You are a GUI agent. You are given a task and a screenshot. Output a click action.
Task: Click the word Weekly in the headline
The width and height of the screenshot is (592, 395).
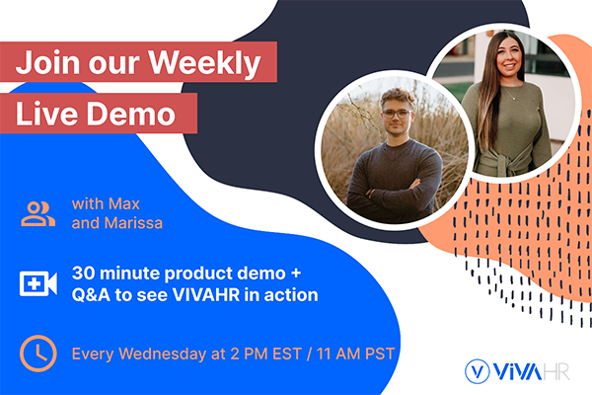point(204,63)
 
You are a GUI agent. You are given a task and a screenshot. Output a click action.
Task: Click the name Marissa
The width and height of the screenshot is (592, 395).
point(133,223)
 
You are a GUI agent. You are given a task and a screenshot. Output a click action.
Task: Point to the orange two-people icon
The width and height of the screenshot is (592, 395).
point(38,214)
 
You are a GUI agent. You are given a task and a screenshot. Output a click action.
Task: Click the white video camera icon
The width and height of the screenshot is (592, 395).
point(38,283)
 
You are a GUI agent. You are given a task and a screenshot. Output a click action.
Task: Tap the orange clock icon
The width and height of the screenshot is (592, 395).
point(38,354)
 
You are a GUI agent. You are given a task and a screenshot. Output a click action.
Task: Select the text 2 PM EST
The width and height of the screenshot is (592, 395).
point(265,354)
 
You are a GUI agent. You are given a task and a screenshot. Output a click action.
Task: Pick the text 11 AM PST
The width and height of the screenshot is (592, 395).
point(355,354)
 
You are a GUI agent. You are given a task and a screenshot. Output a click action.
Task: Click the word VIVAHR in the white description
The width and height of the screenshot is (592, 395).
point(206,295)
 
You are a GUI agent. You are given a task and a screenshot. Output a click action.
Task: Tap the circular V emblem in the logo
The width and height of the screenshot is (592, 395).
point(478,371)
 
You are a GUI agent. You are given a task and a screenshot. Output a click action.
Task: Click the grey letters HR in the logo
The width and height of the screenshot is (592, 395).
point(555,371)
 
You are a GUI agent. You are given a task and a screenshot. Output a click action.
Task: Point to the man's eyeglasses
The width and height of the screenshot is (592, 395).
point(396,114)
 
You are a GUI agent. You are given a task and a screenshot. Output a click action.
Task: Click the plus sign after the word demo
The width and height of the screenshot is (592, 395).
point(296,274)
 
